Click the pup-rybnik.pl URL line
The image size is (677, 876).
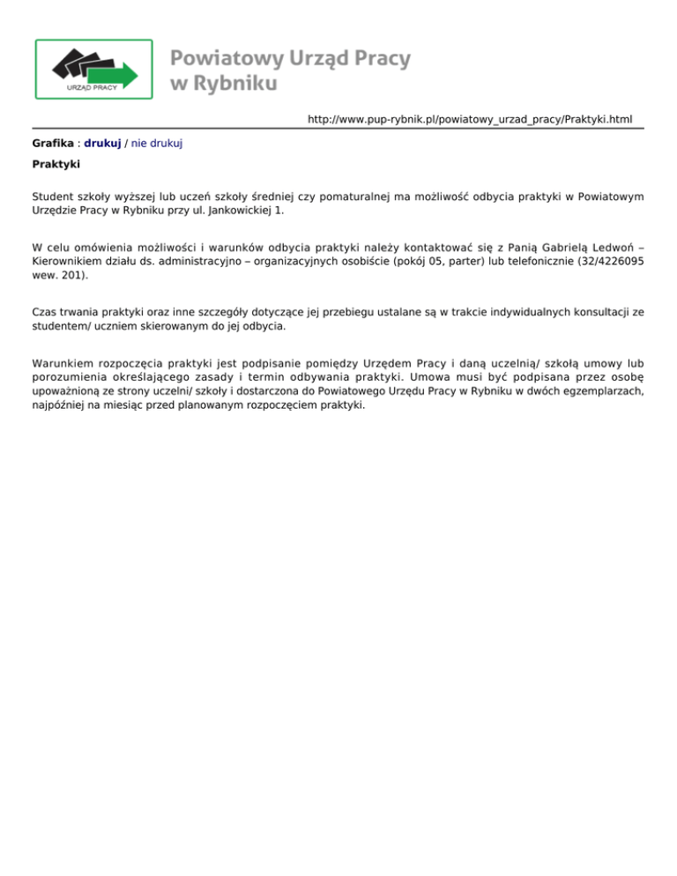point(470,118)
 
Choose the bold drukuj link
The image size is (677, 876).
point(102,142)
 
